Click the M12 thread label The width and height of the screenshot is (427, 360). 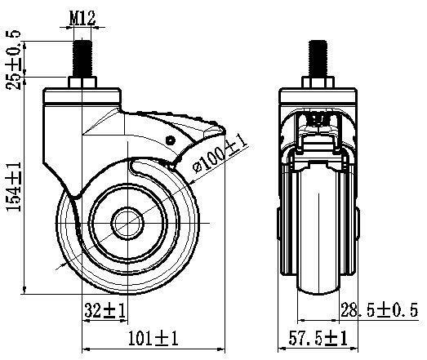82,18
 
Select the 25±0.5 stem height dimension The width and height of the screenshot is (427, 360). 13,60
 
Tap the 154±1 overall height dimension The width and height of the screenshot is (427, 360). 14,187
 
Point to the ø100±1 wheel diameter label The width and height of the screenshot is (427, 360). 220,155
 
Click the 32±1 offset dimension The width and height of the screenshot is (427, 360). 105,310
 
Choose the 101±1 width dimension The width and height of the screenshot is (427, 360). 153,338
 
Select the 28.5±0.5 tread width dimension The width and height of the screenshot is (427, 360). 379,309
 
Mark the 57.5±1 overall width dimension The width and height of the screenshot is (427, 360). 318,338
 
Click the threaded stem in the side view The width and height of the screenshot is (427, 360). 82,58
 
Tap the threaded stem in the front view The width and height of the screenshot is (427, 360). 318,58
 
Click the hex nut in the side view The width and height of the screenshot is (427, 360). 82,82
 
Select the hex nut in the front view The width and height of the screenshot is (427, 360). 318,82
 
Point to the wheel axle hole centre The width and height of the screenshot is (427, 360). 127,223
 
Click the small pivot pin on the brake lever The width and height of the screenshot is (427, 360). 171,140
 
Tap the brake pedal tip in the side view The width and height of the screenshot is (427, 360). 222,129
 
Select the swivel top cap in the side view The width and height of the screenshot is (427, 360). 82,96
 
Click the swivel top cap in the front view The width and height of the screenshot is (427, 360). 318,96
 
